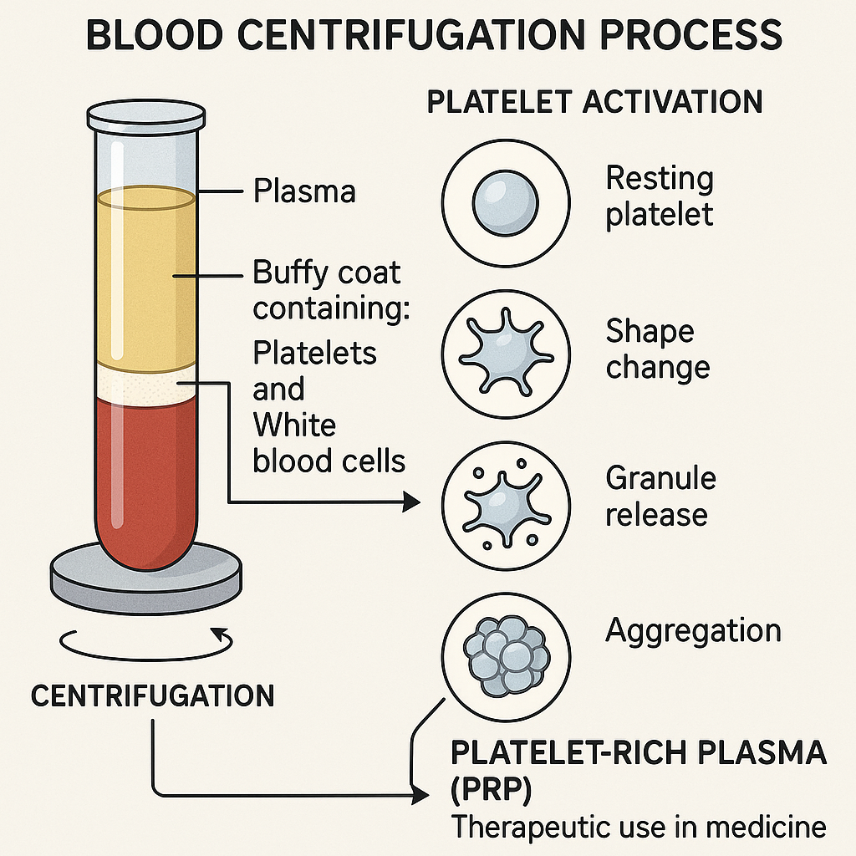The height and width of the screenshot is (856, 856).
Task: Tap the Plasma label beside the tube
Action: [x=304, y=191]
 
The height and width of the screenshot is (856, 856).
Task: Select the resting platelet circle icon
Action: [x=505, y=201]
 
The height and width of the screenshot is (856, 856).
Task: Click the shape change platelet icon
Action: [x=505, y=349]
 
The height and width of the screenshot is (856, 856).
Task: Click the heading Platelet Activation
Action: [x=594, y=102]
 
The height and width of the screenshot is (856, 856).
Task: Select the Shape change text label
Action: [x=658, y=349]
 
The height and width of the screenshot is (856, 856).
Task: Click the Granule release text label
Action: [x=660, y=496]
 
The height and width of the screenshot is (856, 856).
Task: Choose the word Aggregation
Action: [x=693, y=630]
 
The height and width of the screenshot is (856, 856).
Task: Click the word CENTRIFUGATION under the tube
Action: [x=152, y=695]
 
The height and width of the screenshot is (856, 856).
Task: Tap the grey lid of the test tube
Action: [x=146, y=118]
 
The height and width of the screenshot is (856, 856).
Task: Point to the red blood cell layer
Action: [x=146, y=476]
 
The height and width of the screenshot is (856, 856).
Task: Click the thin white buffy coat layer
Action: [x=146, y=385]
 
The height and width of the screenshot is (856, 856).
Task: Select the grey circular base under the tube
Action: [x=146, y=578]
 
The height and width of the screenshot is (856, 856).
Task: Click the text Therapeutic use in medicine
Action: [x=639, y=828]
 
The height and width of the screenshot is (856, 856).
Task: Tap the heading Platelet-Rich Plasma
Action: [x=639, y=752]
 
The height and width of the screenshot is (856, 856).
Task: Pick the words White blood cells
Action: [x=329, y=443]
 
